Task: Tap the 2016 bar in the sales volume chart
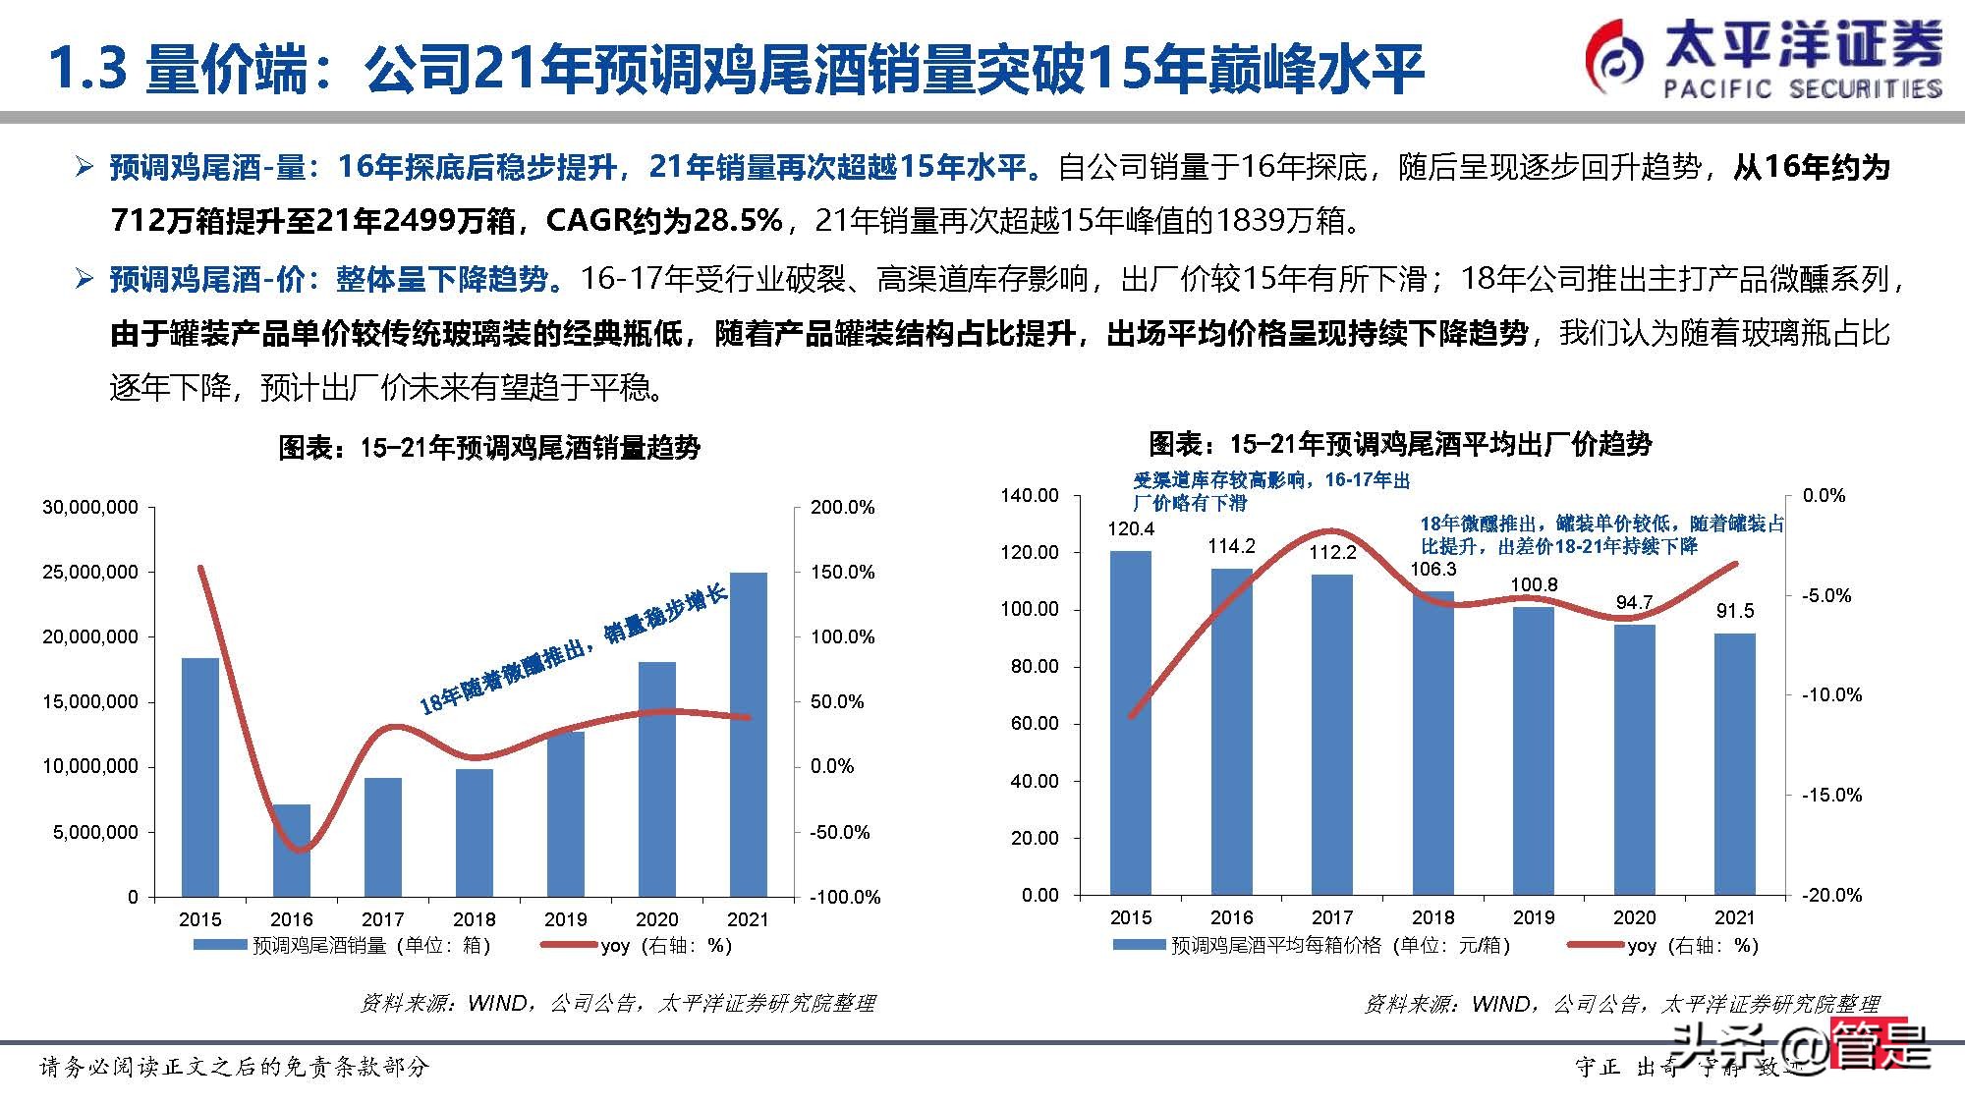291,851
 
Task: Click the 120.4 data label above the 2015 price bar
1131,529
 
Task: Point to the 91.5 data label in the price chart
1734,611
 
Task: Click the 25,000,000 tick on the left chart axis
90,572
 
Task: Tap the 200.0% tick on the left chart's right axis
842,507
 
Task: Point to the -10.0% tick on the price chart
1831,694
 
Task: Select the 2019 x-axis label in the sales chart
565,919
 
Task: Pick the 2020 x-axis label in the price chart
1634,917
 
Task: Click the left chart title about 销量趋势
489,448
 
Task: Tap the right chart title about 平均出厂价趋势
1400,444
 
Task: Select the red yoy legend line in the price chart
1594,945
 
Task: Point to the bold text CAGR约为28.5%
664,220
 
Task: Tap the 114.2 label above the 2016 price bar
1231,546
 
